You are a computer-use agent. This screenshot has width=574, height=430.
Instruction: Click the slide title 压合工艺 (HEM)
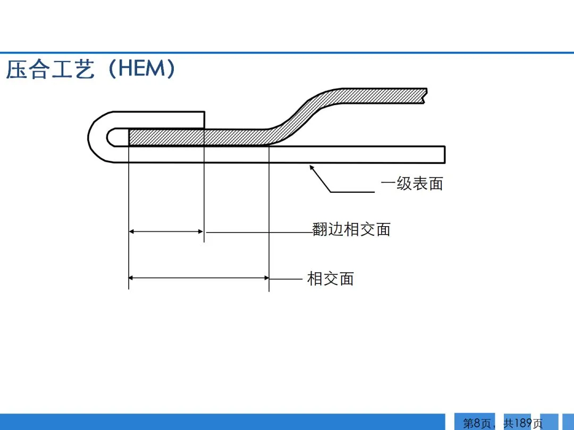(90, 70)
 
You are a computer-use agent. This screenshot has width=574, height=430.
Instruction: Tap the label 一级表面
(412, 184)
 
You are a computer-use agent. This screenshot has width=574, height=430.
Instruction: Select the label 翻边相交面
(352, 229)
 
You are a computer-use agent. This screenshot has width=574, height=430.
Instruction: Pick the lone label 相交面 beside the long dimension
(331, 278)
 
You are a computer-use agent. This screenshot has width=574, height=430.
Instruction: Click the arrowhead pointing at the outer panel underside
(313, 168)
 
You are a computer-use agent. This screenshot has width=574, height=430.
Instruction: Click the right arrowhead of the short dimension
(200, 231)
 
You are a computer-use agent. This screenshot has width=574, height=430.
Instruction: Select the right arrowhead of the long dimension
(265, 277)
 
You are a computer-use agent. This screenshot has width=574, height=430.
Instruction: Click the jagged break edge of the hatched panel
(425, 96)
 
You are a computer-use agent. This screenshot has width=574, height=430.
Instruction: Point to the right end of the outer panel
(444, 154)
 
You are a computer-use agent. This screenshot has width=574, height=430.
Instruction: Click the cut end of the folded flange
(204, 119)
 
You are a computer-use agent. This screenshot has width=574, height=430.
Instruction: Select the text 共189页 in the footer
(523, 423)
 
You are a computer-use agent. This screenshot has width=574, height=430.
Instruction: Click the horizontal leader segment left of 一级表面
(353, 192)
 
